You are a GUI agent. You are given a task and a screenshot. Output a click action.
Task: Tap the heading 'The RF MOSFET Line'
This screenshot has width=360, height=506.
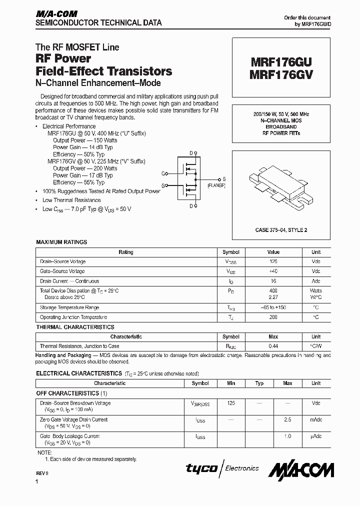77,47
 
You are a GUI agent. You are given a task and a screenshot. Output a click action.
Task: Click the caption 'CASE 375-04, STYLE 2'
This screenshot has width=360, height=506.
281,229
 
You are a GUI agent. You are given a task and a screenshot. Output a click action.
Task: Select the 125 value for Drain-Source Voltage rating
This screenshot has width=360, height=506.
273,261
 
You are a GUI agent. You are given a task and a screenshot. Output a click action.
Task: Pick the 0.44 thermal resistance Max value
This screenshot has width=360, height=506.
273,346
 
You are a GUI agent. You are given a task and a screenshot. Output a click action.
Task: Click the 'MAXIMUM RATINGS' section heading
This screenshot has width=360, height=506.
61,242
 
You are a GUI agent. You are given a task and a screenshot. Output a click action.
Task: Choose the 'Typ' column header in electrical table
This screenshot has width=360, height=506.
259,383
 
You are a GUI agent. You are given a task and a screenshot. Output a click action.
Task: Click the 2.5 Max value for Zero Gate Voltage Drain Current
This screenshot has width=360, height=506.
287,420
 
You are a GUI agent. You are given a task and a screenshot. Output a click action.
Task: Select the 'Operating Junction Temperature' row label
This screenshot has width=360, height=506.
73,317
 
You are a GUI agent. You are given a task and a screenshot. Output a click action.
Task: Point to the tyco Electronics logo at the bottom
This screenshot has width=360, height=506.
222,468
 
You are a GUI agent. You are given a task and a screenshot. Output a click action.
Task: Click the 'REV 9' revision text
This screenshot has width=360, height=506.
42,472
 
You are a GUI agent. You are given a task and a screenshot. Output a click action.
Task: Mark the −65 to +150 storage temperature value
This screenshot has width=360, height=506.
273,307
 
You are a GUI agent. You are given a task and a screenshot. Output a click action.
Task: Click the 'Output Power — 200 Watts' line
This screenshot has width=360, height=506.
85,168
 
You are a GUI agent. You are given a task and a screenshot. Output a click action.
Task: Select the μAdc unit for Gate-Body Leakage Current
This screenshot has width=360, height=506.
316,436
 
